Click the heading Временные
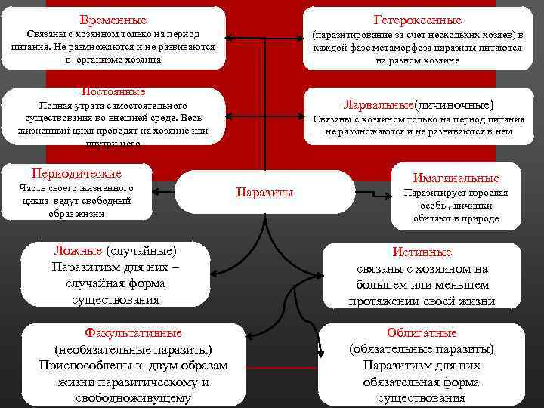coord(113,20)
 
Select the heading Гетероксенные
coord(417,20)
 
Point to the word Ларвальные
coord(378,104)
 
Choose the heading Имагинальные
coord(456,178)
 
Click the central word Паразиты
coord(264,192)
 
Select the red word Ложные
coord(78,250)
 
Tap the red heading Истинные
coord(422,252)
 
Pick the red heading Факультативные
coord(133,332)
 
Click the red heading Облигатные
coord(422,332)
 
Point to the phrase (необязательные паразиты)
coord(133,349)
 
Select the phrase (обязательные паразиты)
coord(422,349)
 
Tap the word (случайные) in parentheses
coord(141,250)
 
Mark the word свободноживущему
coord(133,398)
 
